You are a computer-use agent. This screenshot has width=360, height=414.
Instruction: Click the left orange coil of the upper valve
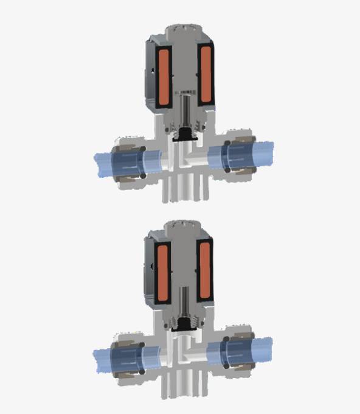coord(164,76)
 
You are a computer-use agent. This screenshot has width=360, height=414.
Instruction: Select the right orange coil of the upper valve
coord(205,76)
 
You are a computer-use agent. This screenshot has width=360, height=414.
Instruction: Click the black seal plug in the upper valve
coord(184,137)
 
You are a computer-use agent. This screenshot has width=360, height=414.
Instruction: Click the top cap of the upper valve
coord(183,30)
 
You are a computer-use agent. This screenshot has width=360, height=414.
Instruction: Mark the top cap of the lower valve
coord(182,226)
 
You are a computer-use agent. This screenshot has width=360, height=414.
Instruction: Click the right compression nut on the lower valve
coord(238,351)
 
